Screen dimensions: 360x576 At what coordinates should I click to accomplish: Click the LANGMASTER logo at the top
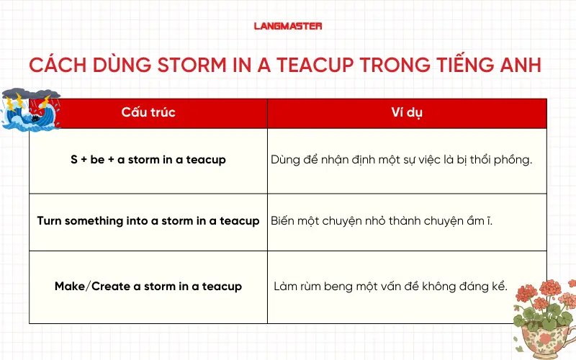click(x=288, y=26)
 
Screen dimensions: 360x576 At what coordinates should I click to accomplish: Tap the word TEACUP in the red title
click(x=312, y=66)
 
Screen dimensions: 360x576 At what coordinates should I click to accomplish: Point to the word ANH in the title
click(x=521, y=66)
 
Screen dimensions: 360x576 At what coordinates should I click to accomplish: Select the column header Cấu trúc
click(x=148, y=112)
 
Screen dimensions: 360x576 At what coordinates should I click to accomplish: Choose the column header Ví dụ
click(x=407, y=112)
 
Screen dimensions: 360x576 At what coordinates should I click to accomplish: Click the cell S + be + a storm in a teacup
click(x=148, y=160)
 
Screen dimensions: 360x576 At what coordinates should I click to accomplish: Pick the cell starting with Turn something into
click(x=148, y=221)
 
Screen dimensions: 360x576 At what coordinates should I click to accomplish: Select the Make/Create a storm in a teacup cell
click(x=148, y=286)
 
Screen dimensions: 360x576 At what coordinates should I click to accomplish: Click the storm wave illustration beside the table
click(x=30, y=110)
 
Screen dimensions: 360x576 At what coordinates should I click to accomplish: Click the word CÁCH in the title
click(x=58, y=66)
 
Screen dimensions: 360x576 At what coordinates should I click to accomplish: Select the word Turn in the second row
click(x=50, y=221)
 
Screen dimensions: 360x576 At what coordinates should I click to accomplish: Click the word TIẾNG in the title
click(x=459, y=66)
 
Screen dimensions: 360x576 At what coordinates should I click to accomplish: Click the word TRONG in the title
click(x=389, y=66)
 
